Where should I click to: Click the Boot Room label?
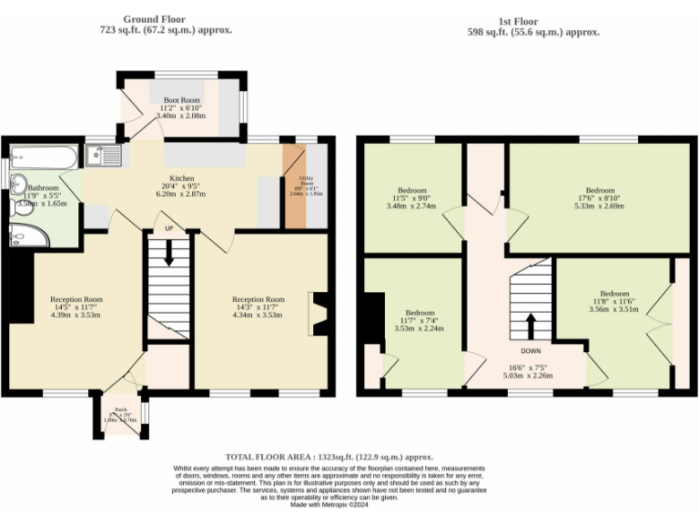tap(181, 99)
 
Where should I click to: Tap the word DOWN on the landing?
tap(532, 350)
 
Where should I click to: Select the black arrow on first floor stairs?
tap(532, 325)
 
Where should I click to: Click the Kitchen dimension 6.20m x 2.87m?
tap(181, 195)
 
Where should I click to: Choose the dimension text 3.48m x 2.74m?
tap(410, 207)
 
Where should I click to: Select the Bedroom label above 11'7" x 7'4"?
tap(420, 311)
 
